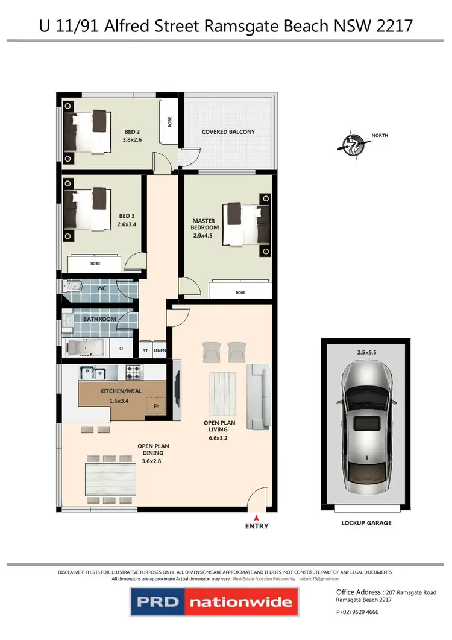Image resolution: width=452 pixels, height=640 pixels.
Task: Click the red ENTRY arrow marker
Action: click(x=256, y=517)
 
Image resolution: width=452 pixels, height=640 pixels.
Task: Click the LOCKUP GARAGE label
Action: click(x=366, y=523)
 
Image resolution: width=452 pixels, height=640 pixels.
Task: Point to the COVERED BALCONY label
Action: click(x=228, y=131)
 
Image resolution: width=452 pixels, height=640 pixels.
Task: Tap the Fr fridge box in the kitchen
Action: click(x=155, y=407)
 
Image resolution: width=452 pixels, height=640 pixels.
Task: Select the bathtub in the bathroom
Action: click(x=84, y=348)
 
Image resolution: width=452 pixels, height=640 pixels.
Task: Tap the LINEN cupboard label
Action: click(x=159, y=350)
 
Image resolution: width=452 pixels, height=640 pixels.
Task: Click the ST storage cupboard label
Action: click(x=145, y=350)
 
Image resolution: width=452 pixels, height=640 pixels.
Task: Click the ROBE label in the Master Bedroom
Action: click(x=241, y=293)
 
